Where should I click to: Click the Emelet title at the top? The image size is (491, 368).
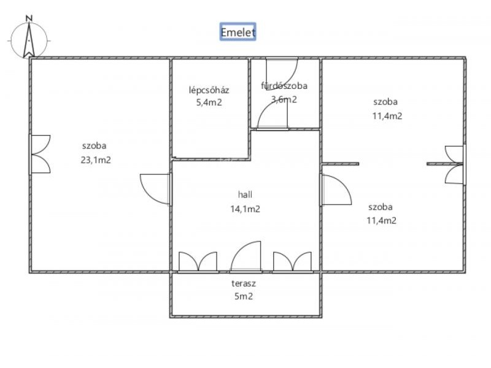pos(238,32)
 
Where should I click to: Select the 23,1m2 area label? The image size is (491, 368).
pos(96,160)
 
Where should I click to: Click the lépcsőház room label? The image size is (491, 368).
pos(209,90)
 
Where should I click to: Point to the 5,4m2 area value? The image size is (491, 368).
pos(209,102)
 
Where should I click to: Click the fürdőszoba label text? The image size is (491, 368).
pos(284,86)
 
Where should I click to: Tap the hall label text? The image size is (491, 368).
pos(245,194)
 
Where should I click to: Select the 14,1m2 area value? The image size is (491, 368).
pos(245,209)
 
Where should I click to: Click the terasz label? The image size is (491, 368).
pos(244,283)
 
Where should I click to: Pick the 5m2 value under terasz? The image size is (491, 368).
pos(244,296)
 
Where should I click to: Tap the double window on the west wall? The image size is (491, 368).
pos(40,155)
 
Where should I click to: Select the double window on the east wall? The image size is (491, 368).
pos(455,164)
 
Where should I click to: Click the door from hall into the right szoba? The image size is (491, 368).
pos(336,190)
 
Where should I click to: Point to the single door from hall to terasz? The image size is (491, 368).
pos(246,256)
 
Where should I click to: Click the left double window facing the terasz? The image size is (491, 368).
pos(198,263)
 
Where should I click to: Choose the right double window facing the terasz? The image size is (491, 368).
pos(293,263)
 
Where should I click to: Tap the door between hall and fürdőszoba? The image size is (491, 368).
pos(273,115)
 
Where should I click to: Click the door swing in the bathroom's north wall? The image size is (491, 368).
pos(282,74)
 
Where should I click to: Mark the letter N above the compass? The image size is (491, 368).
pos(29,18)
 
